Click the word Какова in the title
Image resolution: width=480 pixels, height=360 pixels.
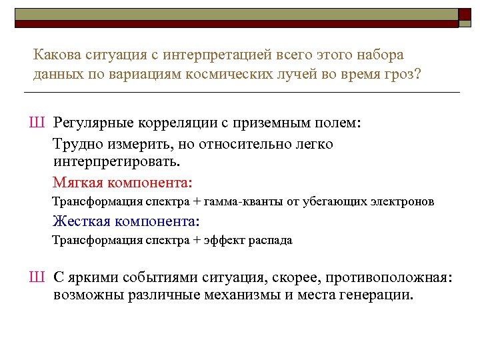(x=56, y=54)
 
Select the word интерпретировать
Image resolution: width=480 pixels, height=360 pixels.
(x=116, y=161)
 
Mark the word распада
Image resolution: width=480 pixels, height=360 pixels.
(x=271, y=240)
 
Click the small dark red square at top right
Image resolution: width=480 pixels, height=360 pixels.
(x=464, y=13)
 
